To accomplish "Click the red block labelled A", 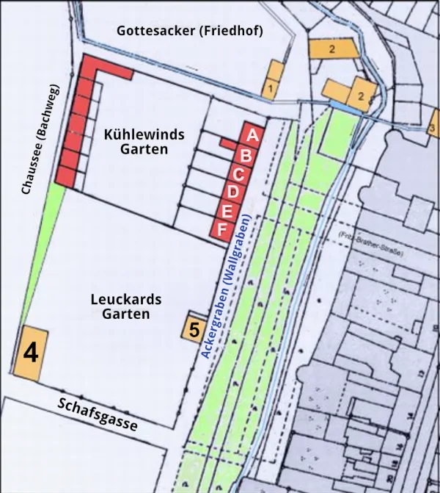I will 252,136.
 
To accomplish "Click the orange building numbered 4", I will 31,352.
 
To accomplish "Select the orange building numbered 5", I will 193,328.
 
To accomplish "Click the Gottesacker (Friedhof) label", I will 189,30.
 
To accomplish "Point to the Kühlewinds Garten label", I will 144,142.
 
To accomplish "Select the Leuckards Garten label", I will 126,307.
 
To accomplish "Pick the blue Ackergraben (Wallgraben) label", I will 227,287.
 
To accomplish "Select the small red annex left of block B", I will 227,143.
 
